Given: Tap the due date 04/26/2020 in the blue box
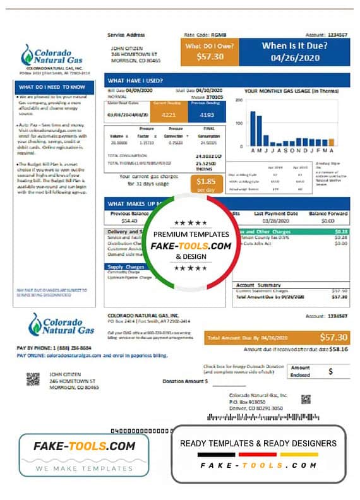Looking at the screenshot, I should tap(295, 57).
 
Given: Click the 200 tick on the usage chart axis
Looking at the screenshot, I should tap(239, 100).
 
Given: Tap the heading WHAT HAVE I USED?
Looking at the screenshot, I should tap(135, 81).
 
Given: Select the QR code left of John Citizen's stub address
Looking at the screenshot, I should tap(33, 379).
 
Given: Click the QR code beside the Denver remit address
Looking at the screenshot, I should tap(306, 398).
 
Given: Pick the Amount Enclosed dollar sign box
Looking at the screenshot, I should tap(330, 372).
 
